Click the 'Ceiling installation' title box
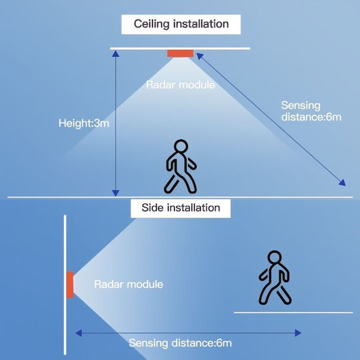point(181,25)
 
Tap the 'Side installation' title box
point(181,208)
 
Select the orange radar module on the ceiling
point(180,53)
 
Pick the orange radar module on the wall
point(70,285)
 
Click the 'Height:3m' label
point(84,123)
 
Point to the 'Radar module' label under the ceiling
point(180,85)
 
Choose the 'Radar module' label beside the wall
point(129,284)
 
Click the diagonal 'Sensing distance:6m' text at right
point(311,111)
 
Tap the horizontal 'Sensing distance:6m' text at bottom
point(180,343)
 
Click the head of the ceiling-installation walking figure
point(181,146)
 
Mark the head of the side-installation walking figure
point(275,257)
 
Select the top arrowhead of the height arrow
point(115,54)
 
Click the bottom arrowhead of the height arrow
point(115,193)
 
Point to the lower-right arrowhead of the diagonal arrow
point(342,183)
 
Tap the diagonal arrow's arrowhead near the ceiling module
point(200,57)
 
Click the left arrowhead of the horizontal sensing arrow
point(79,333)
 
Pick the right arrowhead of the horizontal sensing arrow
point(298,333)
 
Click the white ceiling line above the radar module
point(180,49)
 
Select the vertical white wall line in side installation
point(65,285)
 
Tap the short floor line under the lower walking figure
point(293,313)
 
